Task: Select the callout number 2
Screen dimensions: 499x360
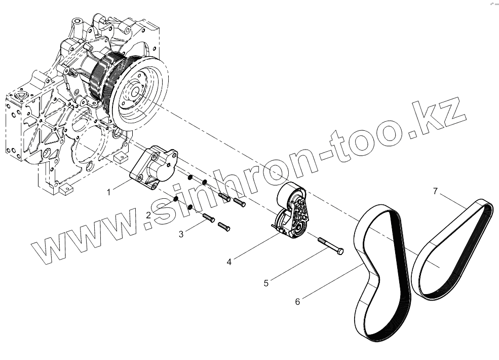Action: pos(148,215)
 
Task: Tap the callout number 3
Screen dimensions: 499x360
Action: pos(181,234)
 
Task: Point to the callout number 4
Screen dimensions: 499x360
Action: pos(229,262)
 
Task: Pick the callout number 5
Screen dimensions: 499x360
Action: pos(266,283)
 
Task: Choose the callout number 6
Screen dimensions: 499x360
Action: pos(297,301)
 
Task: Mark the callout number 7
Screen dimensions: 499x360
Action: pos(435,191)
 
